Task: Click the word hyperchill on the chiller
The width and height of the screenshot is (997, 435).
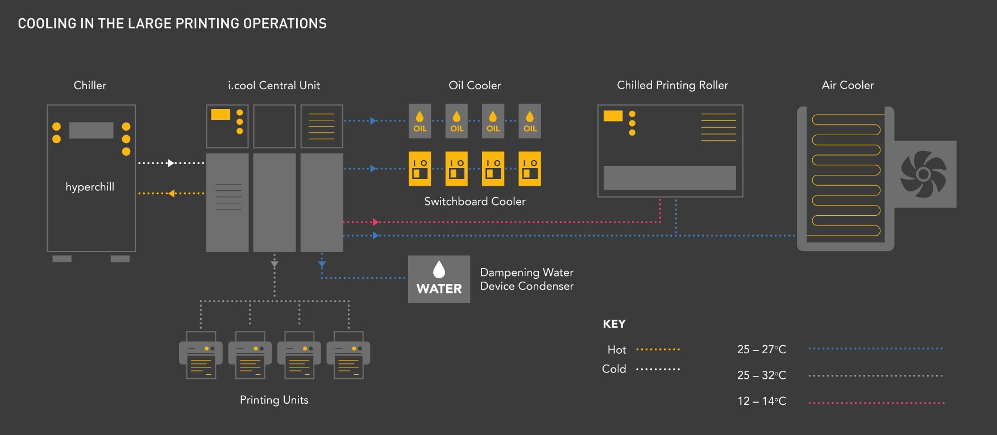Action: (x=90, y=187)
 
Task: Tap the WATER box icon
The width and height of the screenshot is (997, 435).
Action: (x=439, y=279)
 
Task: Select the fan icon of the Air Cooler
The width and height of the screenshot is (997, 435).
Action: (x=923, y=174)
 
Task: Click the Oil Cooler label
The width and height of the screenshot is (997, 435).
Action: (x=475, y=85)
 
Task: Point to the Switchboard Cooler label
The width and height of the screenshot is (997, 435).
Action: (x=475, y=201)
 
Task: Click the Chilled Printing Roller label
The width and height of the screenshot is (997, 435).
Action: (x=672, y=85)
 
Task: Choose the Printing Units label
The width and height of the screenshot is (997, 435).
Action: (x=274, y=400)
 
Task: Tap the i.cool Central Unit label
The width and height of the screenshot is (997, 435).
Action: (x=274, y=85)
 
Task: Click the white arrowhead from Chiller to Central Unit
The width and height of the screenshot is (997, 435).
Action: (x=171, y=163)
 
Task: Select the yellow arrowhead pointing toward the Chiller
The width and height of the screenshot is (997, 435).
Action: (x=171, y=194)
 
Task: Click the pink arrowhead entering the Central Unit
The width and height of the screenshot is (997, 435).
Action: (x=375, y=222)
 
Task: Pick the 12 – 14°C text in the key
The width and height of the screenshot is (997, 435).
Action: (x=762, y=401)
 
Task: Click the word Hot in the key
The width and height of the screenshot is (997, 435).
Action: (x=617, y=350)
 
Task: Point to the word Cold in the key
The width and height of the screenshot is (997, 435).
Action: (x=614, y=369)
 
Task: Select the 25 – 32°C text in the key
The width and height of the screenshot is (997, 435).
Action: (x=762, y=375)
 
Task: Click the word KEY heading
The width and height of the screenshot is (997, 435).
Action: (x=614, y=324)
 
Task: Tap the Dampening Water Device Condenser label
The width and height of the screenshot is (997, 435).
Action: (x=526, y=279)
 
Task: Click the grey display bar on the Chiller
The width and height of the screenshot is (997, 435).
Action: (x=91, y=130)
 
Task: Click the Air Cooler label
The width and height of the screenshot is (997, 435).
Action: (x=848, y=85)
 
